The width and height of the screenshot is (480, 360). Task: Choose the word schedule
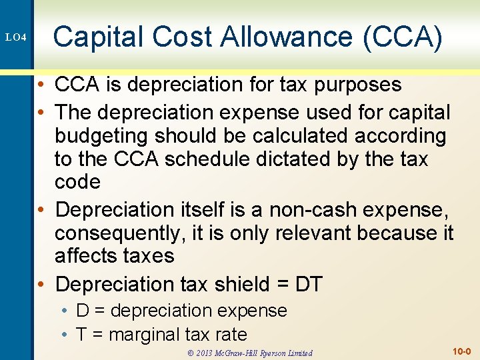pos(230,159)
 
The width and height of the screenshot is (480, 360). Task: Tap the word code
pos(77,183)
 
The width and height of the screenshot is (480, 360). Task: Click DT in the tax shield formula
pos(308,285)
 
